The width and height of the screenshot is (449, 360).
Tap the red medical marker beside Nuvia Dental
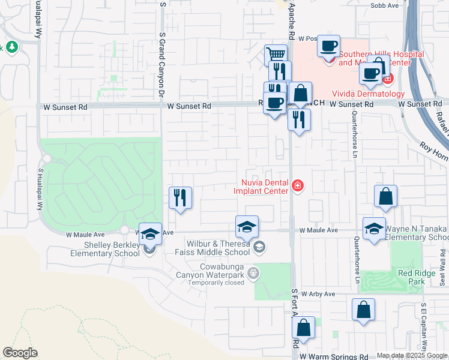(297, 187)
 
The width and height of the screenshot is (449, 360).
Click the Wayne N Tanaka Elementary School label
(415, 233)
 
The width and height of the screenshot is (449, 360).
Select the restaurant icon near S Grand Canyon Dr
(180, 197)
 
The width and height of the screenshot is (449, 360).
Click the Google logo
(20, 353)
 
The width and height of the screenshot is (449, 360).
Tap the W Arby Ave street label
(317, 294)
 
